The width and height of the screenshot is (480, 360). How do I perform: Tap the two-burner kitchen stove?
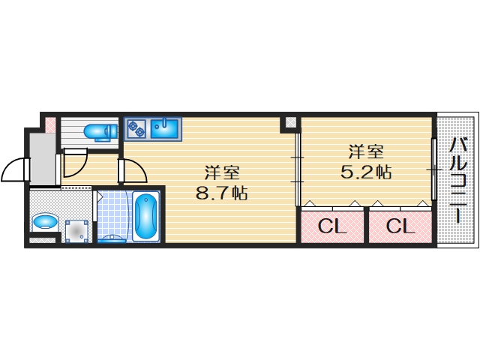pos(136,129)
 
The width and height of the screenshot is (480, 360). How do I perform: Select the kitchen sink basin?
pos(165,129)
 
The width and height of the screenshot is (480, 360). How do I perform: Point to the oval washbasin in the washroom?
pos(46,222)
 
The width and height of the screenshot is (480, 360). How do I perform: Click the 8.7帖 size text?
pos(221,193)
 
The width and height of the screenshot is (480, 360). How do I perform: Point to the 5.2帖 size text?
pos(365,172)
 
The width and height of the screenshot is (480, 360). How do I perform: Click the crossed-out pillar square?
pos(290,123)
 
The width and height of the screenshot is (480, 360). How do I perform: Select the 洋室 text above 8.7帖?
pos(222,171)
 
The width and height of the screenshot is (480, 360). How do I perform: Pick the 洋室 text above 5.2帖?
pos(365,150)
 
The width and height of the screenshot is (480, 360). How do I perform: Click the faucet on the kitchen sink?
pos(165,121)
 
